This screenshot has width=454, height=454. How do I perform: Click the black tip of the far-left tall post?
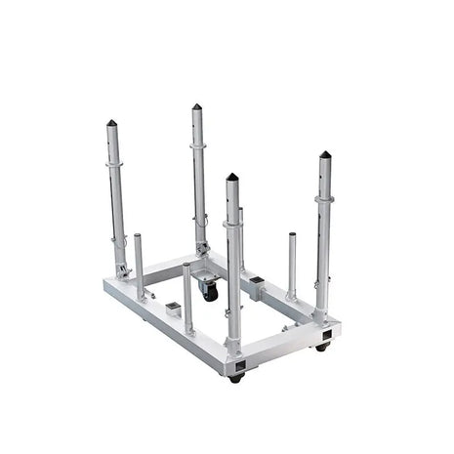click(110, 123)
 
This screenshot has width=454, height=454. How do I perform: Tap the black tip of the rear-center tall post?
click(196, 106)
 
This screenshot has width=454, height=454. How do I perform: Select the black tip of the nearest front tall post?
click(231, 178)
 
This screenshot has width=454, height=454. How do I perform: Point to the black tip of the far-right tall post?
click(324, 154)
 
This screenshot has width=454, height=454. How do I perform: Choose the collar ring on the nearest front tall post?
click(232, 224)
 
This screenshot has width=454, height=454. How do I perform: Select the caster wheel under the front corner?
click(235, 377)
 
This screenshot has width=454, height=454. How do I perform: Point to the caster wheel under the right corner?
click(322, 346)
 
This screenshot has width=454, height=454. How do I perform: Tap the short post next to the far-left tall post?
click(139, 264)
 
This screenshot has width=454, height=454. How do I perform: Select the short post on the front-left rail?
click(187, 298)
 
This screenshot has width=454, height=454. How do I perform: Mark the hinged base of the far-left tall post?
click(122, 268)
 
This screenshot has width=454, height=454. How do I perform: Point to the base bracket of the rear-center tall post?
click(202, 249)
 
